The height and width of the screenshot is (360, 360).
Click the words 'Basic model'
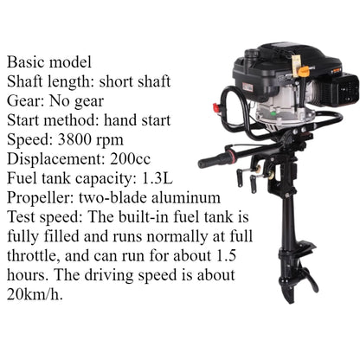pos(51,63)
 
